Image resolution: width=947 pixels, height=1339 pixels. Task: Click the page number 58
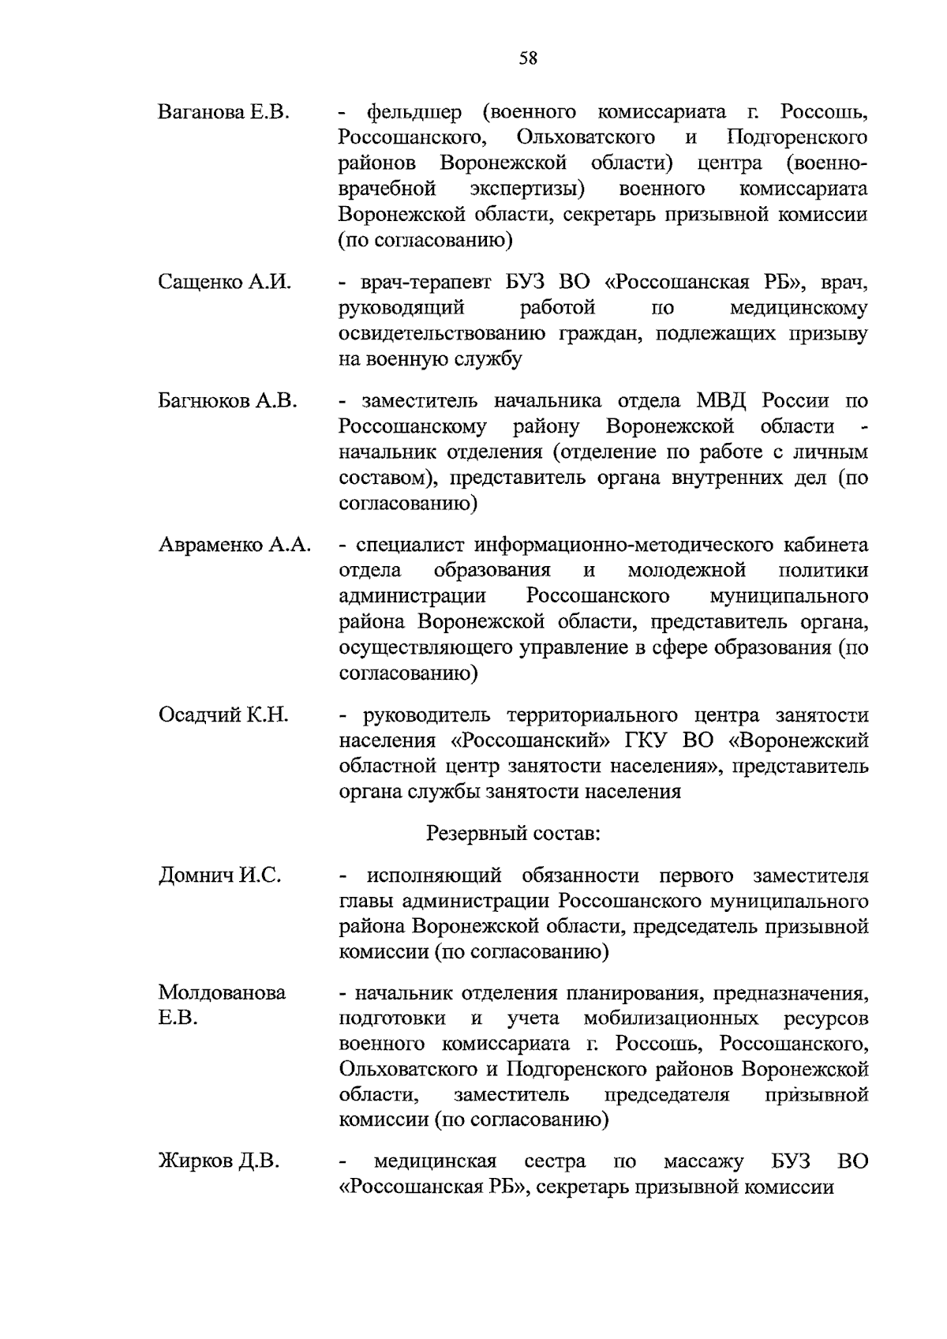[528, 58]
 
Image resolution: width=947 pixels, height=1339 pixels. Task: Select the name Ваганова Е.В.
[224, 112]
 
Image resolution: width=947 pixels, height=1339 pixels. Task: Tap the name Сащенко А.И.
[225, 282]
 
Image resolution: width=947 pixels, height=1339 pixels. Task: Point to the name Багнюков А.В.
[227, 400]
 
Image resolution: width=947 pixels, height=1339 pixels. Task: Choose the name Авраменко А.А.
[234, 545]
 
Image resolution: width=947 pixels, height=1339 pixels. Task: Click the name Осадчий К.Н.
[223, 715]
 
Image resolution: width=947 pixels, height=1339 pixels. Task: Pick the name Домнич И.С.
[219, 876]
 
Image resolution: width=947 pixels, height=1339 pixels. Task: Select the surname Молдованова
[222, 992]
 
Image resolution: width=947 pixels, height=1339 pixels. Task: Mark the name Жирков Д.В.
[219, 1161]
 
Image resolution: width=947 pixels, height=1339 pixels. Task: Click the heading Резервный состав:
[513, 833]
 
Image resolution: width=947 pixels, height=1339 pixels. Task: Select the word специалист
[409, 545]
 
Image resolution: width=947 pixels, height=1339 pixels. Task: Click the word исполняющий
[434, 876]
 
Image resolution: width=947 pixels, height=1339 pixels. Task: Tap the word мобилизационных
[672, 1018]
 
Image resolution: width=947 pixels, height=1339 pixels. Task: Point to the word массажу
[703, 1161]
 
